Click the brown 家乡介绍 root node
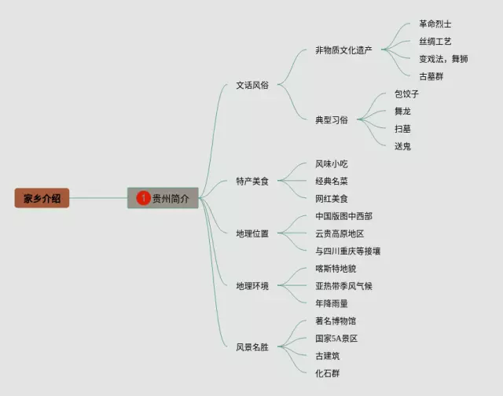(42, 199)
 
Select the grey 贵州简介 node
(163, 199)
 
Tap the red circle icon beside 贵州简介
(143, 199)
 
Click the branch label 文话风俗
(252, 85)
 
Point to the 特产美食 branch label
(252, 181)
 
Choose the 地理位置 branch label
(252, 233)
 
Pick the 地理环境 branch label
(252, 286)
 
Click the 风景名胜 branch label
(252, 346)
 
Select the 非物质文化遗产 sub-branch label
(343, 50)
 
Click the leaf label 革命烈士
(435, 24)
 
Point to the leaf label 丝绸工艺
(435, 42)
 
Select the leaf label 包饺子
(407, 93)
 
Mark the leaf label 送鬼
(402, 146)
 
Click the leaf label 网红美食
(331, 199)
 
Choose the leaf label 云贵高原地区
(340, 233)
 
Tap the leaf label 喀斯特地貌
(336, 269)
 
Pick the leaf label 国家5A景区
(336, 339)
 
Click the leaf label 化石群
(327, 373)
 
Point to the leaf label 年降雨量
(331, 303)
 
